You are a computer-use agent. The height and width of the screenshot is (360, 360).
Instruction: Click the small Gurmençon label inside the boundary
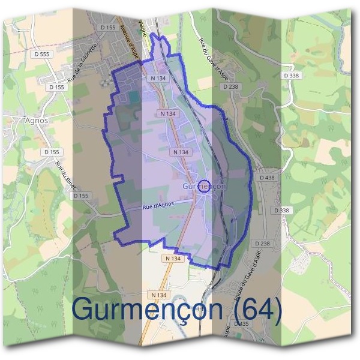[x=204, y=187]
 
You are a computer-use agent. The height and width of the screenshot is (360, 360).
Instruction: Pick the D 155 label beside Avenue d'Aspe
[x=108, y=28]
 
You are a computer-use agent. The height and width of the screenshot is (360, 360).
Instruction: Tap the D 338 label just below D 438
[x=281, y=210]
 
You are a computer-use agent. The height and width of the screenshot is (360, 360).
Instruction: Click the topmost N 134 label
[x=158, y=78]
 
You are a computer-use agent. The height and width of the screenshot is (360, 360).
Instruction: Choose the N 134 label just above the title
[x=158, y=295]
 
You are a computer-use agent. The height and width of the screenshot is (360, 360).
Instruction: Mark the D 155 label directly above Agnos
[x=58, y=87]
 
